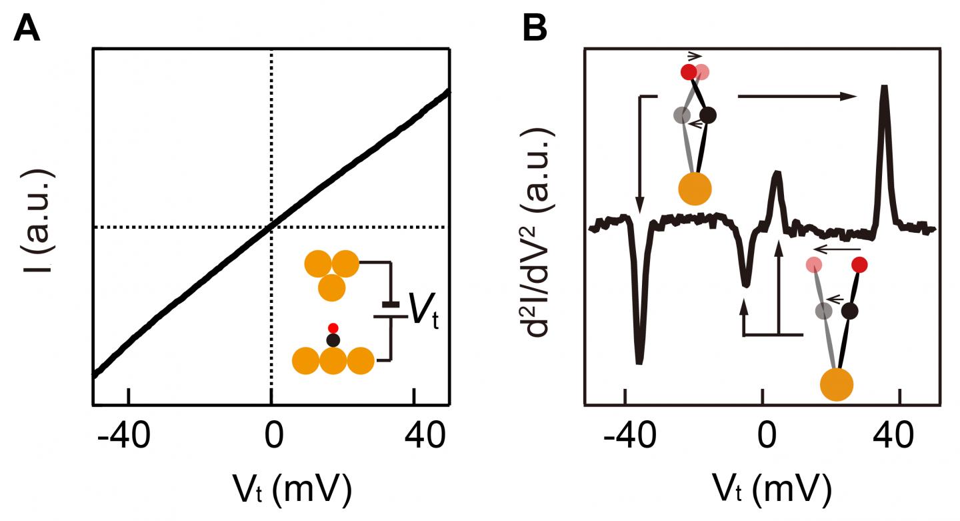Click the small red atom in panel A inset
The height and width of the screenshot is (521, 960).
[x=334, y=328]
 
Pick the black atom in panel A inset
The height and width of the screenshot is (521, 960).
[x=333, y=340]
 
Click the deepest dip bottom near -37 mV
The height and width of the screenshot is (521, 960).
[x=639, y=362]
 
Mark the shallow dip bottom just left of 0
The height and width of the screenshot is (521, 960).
[x=745, y=285]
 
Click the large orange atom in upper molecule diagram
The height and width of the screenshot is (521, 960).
[x=695, y=188]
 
